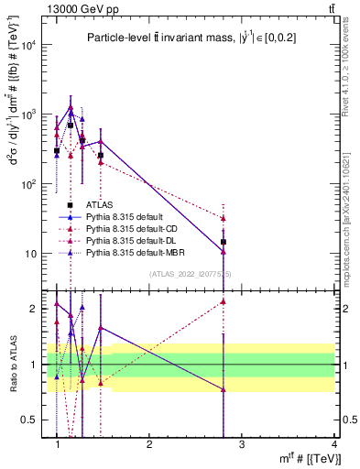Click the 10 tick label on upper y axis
(x=35, y=254)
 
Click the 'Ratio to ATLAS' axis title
(x=12, y=365)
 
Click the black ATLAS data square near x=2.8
(x=224, y=243)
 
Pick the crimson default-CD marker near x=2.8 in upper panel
(x=224, y=218)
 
